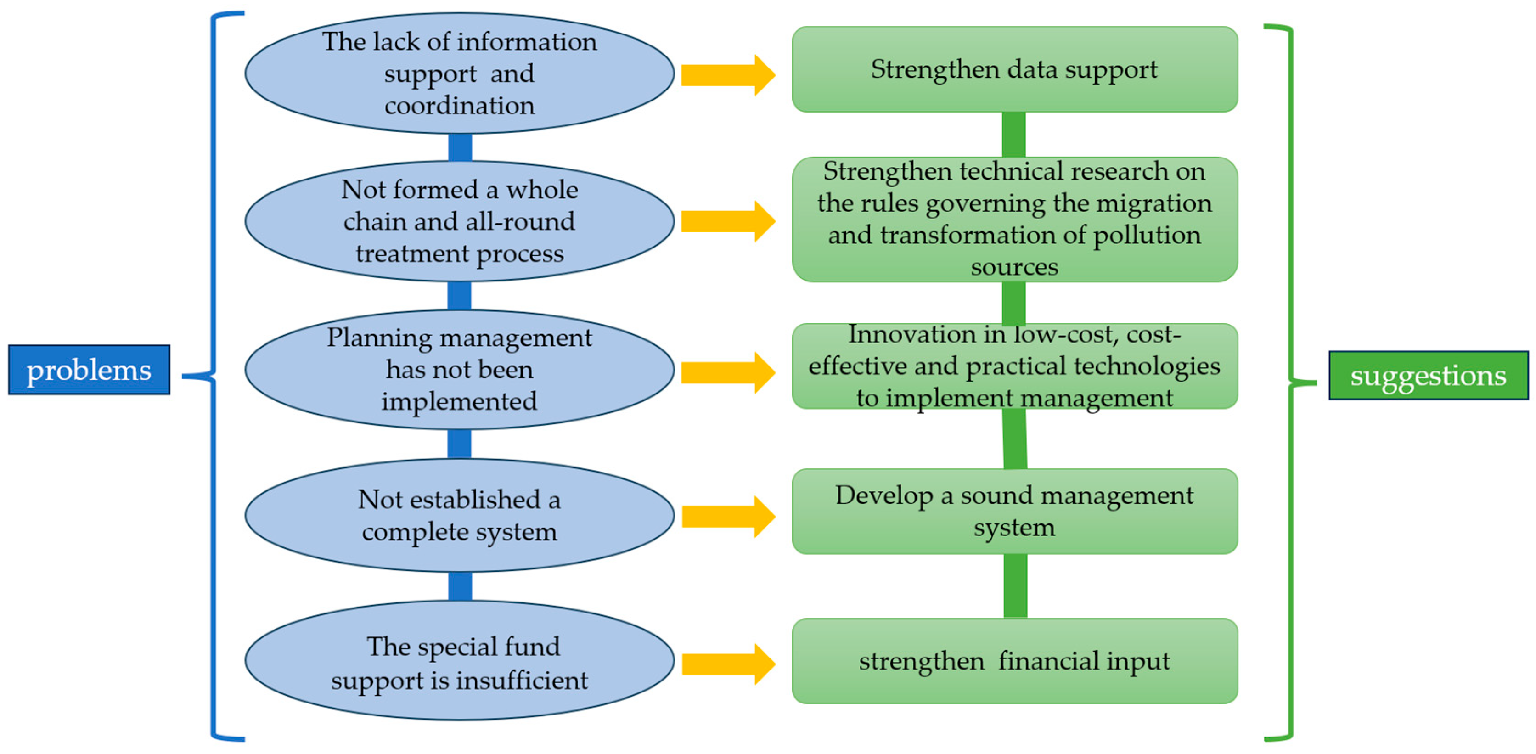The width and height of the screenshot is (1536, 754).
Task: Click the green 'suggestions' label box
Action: (x=1428, y=376)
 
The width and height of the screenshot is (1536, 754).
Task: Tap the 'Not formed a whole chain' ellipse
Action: (x=459, y=221)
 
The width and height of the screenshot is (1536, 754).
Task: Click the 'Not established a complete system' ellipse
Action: (x=459, y=516)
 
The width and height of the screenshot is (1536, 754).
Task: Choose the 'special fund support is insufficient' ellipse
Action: (x=459, y=661)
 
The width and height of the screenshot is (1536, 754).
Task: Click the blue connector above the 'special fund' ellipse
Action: (x=460, y=586)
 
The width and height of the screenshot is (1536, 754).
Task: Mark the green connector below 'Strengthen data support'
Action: (x=1013, y=134)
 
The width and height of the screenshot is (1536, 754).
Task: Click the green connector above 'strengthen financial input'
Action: (x=1015, y=586)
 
